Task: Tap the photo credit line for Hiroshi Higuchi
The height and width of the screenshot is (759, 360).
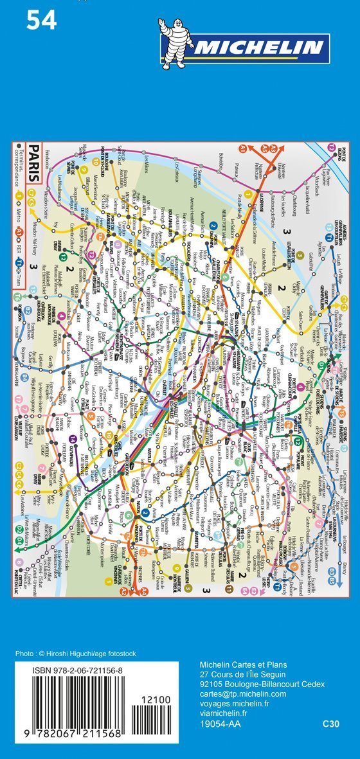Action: coord(76,654)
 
